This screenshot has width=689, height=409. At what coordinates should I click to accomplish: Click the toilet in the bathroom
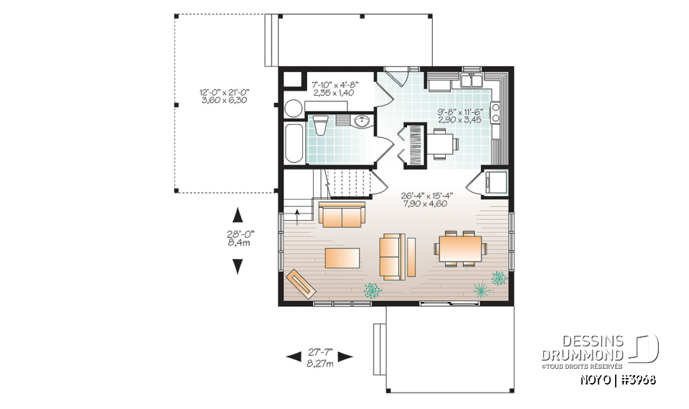click(321, 124)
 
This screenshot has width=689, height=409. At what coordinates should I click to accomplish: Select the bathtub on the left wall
click(294, 143)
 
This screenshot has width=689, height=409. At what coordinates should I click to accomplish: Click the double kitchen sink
click(472, 81)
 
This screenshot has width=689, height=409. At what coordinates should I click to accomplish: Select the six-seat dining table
click(460, 249)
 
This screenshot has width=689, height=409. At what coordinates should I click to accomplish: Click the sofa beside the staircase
click(342, 214)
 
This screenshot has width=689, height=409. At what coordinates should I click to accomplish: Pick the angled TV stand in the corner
click(301, 282)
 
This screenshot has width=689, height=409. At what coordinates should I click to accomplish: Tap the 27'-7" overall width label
click(319, 357)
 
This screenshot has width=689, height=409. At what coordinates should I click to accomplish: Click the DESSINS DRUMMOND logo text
click(582, 349)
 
